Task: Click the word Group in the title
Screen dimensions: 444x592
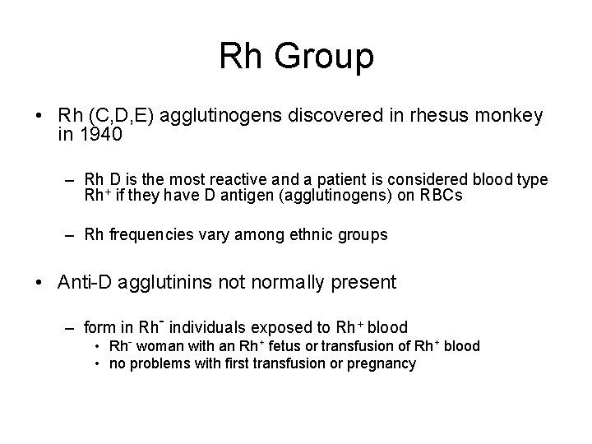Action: click(x=327, y=57)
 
